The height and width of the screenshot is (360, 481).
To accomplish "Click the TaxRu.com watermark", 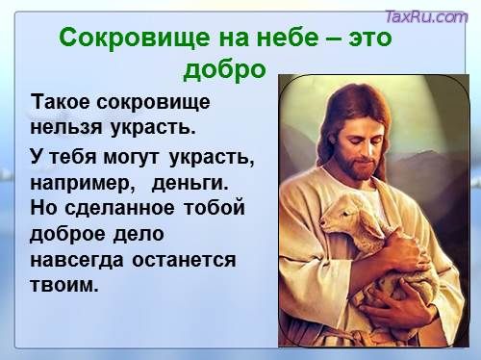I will pos(424,16).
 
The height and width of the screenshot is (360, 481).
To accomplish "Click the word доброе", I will pos(69,233).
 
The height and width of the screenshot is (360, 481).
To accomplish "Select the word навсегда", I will pos(79,260).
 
